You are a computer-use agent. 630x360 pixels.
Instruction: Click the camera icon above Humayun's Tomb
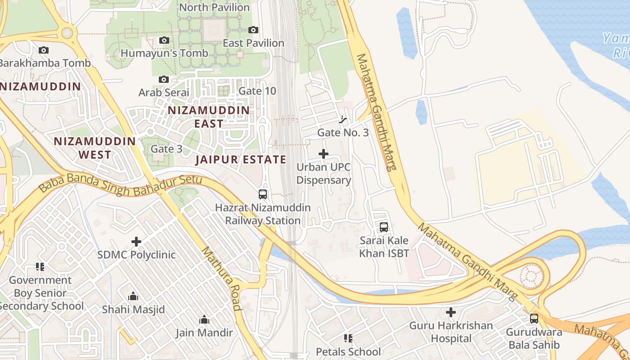click(164, 40)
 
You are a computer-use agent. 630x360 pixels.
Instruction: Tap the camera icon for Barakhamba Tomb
click(44, 50)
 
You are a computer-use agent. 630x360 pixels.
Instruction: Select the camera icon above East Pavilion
click(253, 30)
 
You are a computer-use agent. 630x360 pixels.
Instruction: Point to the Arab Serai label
click(163, 92)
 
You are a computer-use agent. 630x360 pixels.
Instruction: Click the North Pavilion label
click(214, 8)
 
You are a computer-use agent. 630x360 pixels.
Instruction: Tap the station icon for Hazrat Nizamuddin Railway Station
click(263, 194)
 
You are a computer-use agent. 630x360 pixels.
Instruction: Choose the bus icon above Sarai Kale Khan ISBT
click(384, 227)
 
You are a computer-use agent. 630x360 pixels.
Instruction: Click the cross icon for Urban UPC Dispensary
click(324, 154)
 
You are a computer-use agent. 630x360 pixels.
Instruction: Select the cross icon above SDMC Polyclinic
click(136, 242)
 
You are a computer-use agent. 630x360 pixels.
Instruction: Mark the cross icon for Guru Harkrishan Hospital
click(450, 312)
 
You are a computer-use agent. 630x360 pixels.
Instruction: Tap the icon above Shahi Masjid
click(133, 297)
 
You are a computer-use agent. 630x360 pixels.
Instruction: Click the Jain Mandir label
click(204, 333)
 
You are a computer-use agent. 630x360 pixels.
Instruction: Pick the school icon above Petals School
click(348, 338)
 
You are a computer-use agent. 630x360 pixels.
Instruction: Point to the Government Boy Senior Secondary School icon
click(40, 267)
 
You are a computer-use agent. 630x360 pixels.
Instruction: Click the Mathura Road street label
click(221, 279)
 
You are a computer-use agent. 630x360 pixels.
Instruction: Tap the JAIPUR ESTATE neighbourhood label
click(241, 160)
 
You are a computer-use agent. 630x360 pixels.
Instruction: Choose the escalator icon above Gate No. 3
click(343, 120)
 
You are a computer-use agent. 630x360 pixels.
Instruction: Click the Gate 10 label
click(257, 91)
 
